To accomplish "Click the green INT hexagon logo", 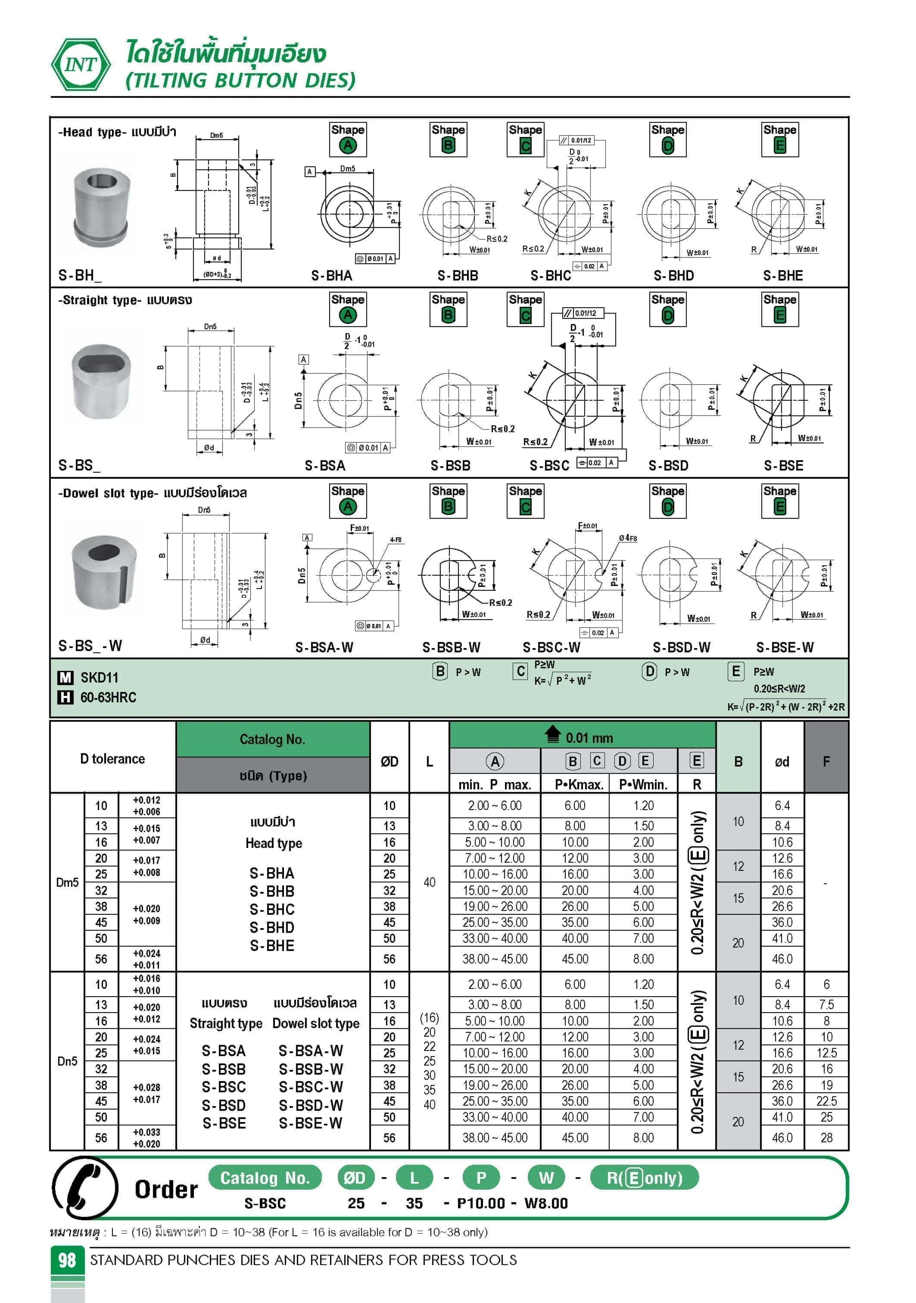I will (81, 65).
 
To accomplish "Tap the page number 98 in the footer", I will (67, 1260).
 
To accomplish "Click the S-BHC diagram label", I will (551, 276).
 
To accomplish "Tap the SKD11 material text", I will (100, 678).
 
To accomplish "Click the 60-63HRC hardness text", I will (108, 698).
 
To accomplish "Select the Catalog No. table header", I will (272, 739).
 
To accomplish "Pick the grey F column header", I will (826, 762).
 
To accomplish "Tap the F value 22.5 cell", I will (826, 1101).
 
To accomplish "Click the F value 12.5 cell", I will (826, 1053).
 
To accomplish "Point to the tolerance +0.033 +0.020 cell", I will (146, 1138).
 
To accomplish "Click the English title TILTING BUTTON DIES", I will (241, 81).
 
